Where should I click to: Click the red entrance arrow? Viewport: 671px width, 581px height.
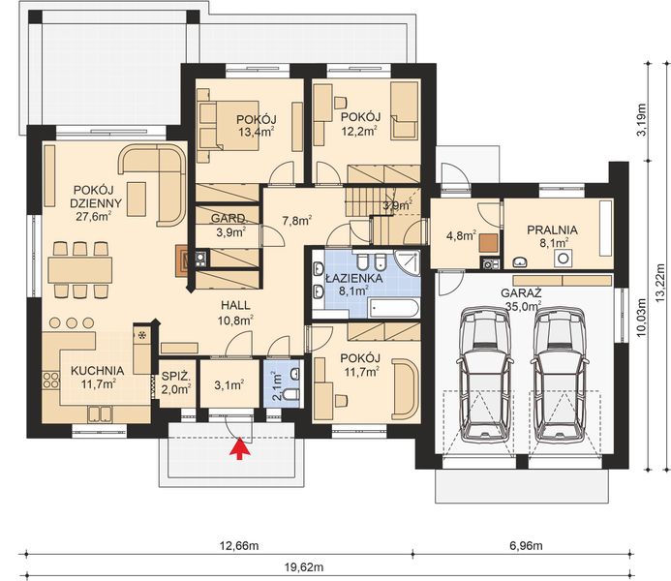pyautogui.click(x=240, y=448)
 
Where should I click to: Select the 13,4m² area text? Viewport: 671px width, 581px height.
pyautogui.click(x=257, y=132)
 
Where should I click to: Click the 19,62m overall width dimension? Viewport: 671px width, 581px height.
pyautogui.click(x=304, y=567)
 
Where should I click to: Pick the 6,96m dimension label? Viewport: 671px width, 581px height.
pyautogui.click(x=526, y=545)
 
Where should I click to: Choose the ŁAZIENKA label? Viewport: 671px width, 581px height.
pyautogui.click(x=354, y=278)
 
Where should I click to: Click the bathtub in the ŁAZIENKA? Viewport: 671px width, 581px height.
pyautogui.click(x=394, y=309)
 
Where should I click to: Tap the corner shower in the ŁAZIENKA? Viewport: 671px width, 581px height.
pyautogui.click(x=408, y=261)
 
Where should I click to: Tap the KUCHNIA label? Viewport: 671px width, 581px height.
pyautogui.click(x=97, y=371)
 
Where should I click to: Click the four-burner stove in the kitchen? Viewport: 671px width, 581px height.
pyautogui.click(x=50, y=381)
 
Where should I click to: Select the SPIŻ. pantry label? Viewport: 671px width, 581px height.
pyautogui.click(x=175, y=377)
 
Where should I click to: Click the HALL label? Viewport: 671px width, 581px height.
pyautogui.click(x=235, y=305)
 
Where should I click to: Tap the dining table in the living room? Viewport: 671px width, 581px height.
pyautogui.click(x=80, y=269)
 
